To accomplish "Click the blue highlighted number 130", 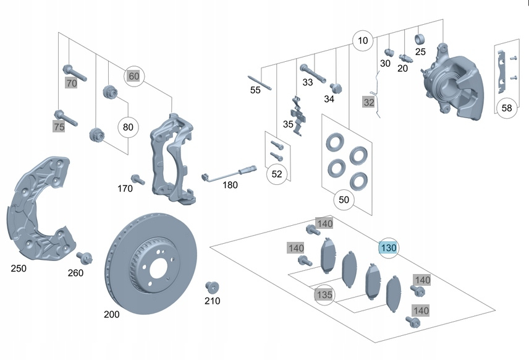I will click(389, 248).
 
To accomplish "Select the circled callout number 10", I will click(363, 41).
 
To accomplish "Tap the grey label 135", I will click(324, 295).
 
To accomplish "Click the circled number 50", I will click(344, 200).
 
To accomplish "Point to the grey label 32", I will click(368, 102).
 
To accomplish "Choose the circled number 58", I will click(507, 108).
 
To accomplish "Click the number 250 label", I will click(19, 268).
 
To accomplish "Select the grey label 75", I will click(59, 127).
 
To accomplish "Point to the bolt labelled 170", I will click(138, 179).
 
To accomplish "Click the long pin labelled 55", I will click(260, 82).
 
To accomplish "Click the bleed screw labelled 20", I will click(405, 58).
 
